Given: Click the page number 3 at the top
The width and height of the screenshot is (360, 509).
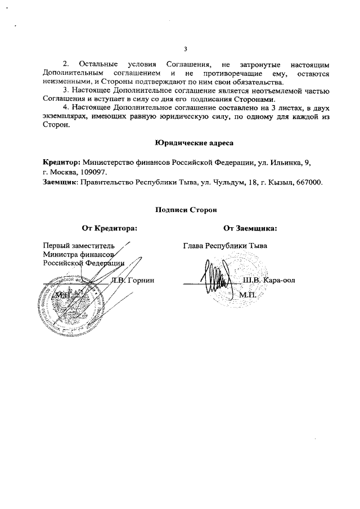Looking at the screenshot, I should (x=186, y=48).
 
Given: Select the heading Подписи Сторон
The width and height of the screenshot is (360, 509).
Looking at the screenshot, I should (x=186, y=210).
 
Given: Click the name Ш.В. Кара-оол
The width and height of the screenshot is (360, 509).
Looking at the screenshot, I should (x=269, y=280).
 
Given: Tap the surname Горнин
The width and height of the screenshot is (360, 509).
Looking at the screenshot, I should (x=141, y=280).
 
